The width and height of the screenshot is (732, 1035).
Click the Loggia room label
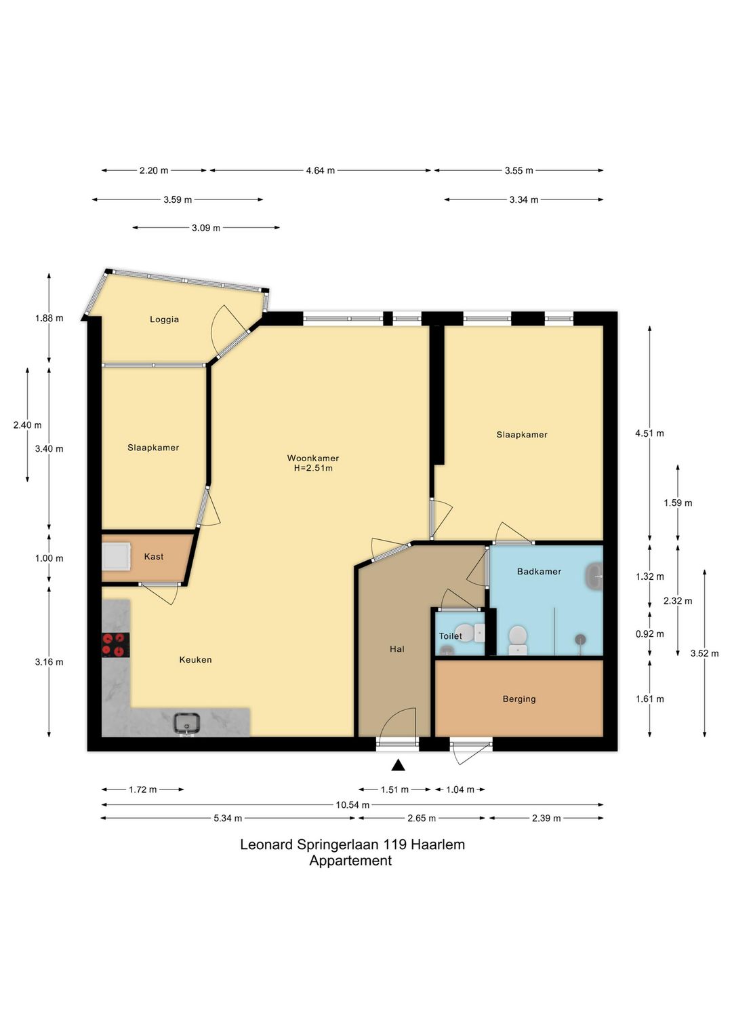(x=164, y=319)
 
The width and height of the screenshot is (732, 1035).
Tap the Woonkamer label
(x=313, y=458)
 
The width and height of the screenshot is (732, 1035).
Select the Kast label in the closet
(x=154, y=556)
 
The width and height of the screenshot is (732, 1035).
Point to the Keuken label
(x=195, y=659)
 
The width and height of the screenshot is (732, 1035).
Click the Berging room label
(x=519, y=699)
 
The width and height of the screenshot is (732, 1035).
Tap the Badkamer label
(x=539, y=571)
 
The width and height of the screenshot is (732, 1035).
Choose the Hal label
(x=396, y=648)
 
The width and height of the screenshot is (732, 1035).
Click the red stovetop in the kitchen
(x=115, y=644)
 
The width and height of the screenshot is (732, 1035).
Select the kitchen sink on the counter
(x=186, y=722)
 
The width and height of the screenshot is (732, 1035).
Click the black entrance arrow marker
(x=398, y=765)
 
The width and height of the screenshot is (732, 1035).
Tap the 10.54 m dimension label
(x=352, y=804)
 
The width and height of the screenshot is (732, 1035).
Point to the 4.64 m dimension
(x=320, y=170)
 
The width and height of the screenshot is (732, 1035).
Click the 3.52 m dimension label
(x=704, y=653)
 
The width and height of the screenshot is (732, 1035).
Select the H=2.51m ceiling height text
(x=313, y=468)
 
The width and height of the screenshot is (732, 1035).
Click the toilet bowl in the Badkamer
(x=517, y=640)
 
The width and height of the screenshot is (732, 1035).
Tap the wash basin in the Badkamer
(x=595, y=577)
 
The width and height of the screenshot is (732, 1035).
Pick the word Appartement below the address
(x=350, y=860)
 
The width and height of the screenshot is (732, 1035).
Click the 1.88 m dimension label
(x=49, y=318)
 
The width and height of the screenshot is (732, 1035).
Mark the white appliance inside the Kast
(x=117, y=556)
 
